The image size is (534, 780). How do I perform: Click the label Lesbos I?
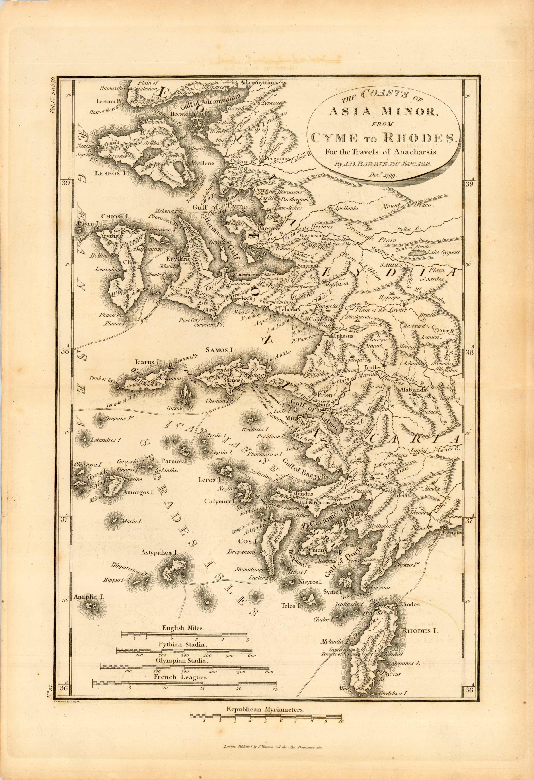[110, 174]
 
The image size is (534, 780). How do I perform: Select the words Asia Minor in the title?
[383, 112]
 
